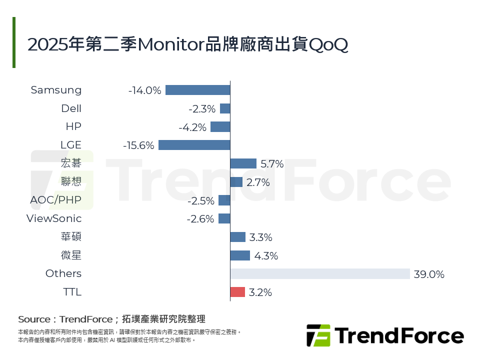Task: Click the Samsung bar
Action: (x=197, y=90)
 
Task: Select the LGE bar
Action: (x=194, y=145)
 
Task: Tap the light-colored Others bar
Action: (x=320, y=274)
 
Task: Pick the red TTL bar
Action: (x=237, y=292)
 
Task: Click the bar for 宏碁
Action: (x=243, y=163)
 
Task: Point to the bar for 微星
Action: (x=240, y=255)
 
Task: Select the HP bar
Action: (x=220, y=127)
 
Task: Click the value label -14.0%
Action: (x=144, y=90)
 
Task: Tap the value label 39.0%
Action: (x=429, y=274)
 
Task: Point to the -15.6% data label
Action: (x=138, y=145)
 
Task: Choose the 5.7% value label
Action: (x=272, y=164)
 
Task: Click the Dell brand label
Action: (x=71, y=108)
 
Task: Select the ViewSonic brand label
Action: (x=54, y=218)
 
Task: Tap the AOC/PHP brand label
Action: (x=55, y=200)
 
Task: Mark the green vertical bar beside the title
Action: (x=14, y=42)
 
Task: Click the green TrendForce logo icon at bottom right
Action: (x=318, y=335)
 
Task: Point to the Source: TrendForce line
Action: (x=111, y=319)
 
